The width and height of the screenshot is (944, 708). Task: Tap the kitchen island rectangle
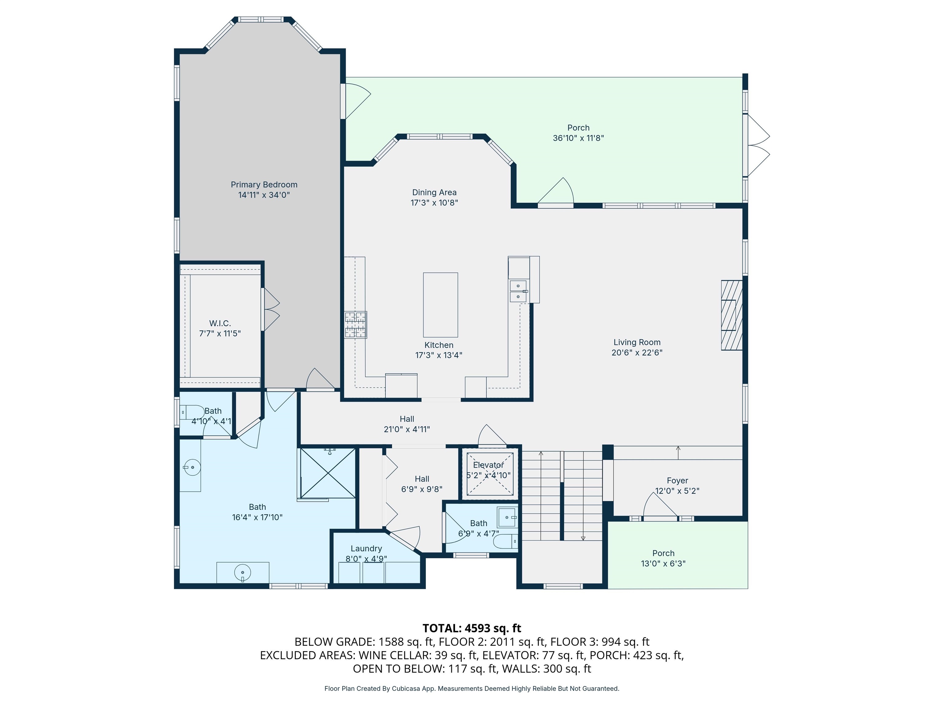[440, 305]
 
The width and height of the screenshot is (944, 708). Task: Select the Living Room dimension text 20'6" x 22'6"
[637, 352]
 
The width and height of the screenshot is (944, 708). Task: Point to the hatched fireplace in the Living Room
[731, 315]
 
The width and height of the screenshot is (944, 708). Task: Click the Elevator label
[488, 465]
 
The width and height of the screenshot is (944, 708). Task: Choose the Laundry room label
[366, 549]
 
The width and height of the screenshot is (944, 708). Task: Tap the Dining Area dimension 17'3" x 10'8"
[434, 203]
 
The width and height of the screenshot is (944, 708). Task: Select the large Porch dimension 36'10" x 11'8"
[578, 138]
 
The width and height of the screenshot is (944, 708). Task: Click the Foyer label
[677, 481]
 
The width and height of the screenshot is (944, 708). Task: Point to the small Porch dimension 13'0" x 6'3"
[663, 563]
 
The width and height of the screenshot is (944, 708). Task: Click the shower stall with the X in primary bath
[327, 473]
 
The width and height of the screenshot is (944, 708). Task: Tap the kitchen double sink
[518, 291]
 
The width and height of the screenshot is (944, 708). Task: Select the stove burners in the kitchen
[356, 325]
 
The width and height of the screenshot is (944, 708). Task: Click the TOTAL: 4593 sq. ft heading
[472, 628]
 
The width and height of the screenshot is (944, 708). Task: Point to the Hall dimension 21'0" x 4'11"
[407, 429]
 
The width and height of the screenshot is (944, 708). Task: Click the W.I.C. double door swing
[270, 309]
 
